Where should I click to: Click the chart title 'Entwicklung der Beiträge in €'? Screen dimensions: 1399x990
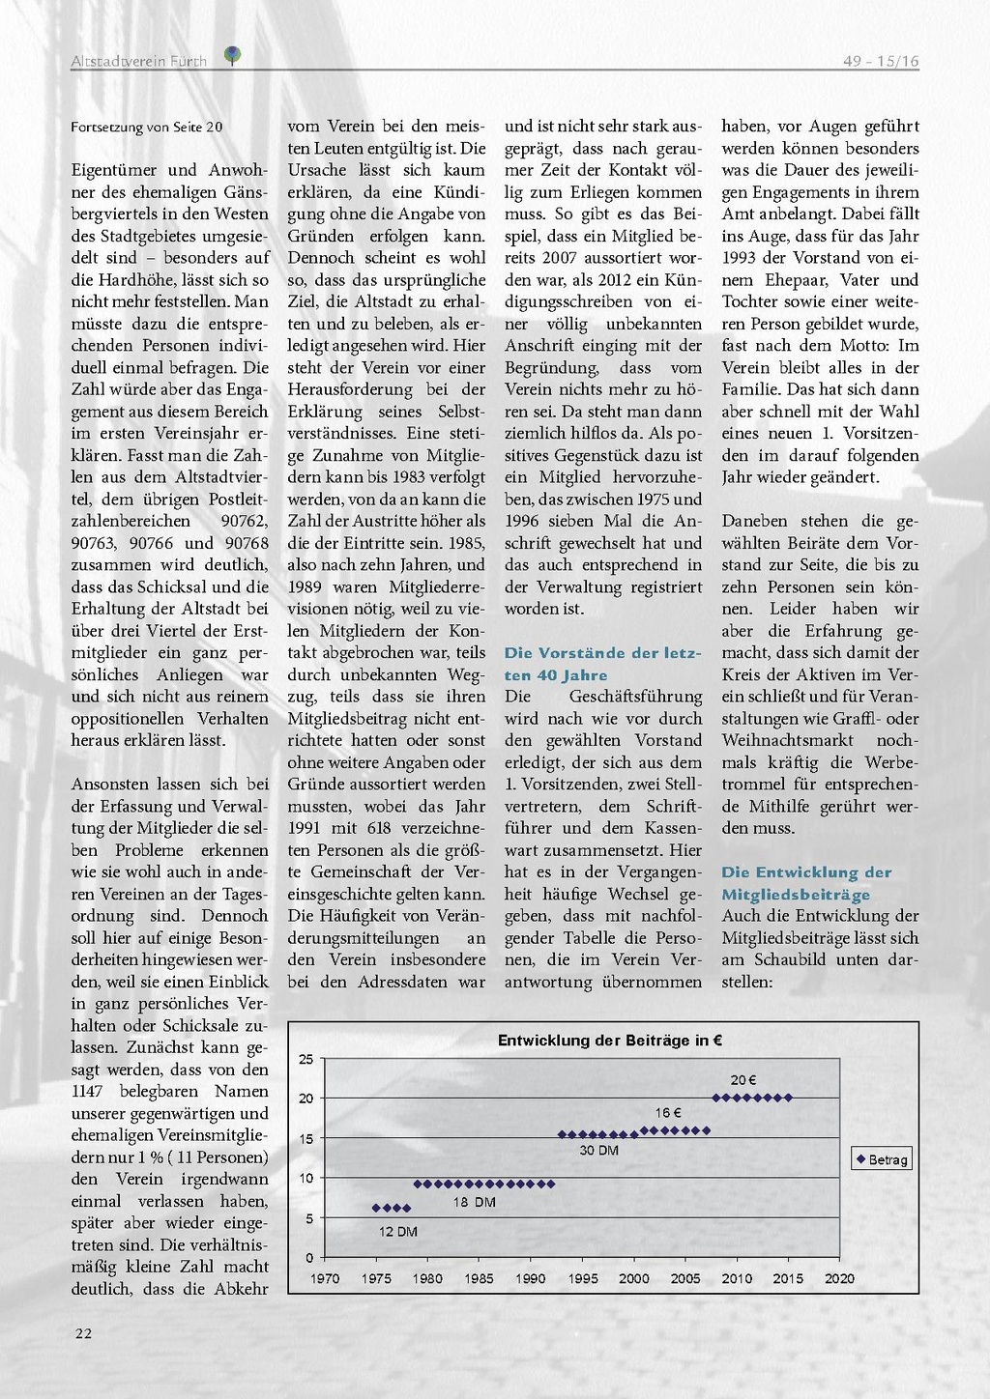tap(610, 1041)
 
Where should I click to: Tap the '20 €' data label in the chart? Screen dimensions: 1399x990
tap(742, 1080)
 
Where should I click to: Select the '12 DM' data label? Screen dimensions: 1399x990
tap(397, 1231)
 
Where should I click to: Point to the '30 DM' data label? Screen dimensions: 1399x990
tap(598, 1150)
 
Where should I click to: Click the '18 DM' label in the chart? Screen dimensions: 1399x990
tap(474, 1202)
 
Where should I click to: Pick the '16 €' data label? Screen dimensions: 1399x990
tap(668, 1113)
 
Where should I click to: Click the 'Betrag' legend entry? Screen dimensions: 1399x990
tap(882, 1159)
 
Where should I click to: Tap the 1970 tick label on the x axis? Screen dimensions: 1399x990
tap(325, 1278)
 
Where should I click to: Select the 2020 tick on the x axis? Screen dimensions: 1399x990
tap(839, 1278)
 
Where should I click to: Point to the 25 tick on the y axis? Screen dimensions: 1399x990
tap(306, 1059)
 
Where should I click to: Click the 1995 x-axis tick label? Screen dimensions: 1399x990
tap(582, 1278)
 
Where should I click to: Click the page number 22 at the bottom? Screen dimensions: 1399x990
tap(84, 1333)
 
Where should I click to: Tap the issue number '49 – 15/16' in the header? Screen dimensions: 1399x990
tap(881, 61)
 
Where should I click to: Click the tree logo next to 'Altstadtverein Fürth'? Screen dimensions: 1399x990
tap(232, 55)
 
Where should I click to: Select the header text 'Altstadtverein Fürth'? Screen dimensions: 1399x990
tap(138, 61)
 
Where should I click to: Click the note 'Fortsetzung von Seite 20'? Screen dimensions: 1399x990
tap(147, 127)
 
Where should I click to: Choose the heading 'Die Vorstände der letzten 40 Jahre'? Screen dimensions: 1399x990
tap(602, 664)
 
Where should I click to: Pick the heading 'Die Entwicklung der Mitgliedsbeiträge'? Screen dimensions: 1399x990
tap(806, 883)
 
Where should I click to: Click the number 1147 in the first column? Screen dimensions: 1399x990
tap(91, 1092)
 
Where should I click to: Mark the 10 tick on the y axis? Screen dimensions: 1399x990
tap(306, 1178)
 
